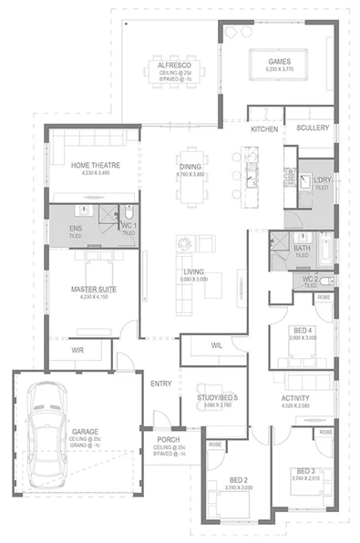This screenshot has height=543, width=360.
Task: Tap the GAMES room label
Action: click(279, 59)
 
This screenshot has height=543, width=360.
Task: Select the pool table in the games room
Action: click(278, 66)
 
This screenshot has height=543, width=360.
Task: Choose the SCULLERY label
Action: click(313, 128)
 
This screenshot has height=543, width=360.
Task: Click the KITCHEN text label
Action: click(264, 129)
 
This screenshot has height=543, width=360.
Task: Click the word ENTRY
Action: click(160, 384)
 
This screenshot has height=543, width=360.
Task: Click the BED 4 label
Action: click(303, 329)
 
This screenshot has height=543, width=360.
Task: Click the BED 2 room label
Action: click(238, 478)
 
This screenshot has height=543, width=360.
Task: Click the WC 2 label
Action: click(309, 277)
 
